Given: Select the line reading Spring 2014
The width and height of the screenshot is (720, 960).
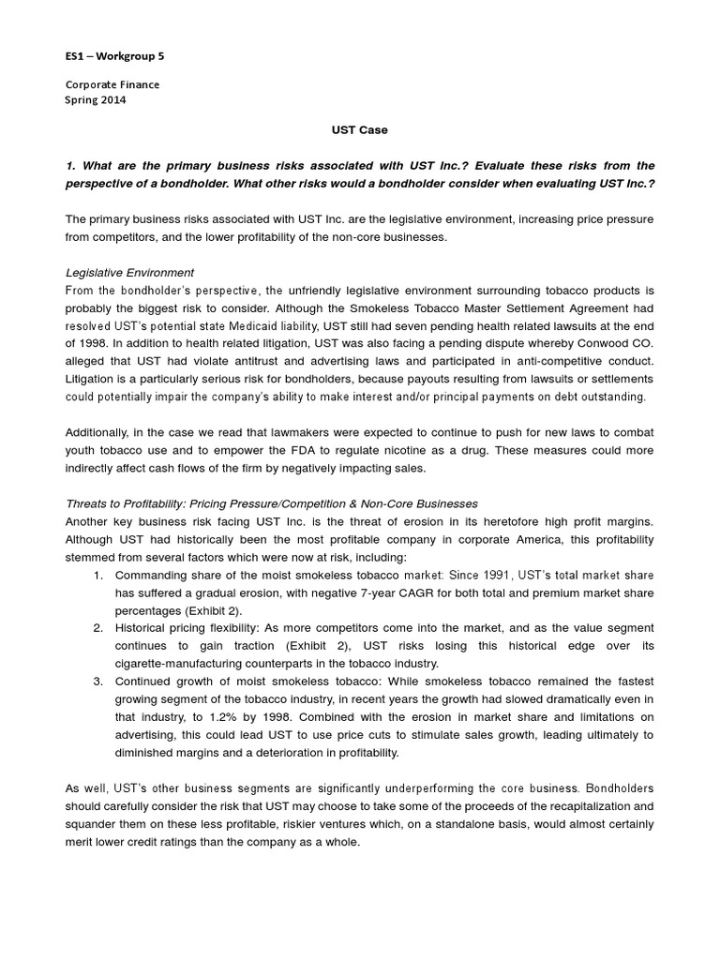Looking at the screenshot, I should click(x=95, y=99).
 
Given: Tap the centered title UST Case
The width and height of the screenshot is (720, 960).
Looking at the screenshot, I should click(x=360, y=129).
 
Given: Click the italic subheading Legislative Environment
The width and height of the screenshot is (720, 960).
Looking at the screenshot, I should click(x=129, y=272).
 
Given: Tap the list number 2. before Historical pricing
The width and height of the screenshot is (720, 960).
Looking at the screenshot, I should click(x=97, y=627).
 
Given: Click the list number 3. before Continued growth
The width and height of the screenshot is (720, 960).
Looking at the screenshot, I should click(x=97, y=681).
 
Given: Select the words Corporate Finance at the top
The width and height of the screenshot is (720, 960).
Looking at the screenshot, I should click(x=112, y=84).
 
